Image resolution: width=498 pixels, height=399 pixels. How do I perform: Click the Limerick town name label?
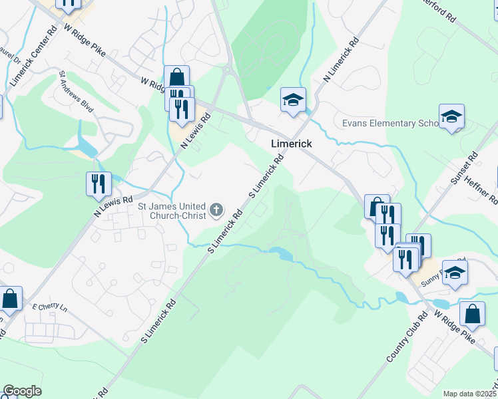(291, 144)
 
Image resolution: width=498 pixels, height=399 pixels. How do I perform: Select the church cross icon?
(216, 211)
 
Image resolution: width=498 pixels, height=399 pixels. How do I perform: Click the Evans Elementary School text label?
(389, 124)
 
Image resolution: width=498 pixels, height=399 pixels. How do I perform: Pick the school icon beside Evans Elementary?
(451, 117)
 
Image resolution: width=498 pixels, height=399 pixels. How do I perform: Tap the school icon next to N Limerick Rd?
(292, 100)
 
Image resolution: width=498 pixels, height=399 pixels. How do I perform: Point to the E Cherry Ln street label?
(50, 307)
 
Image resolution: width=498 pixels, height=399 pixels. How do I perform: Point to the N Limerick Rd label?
(341, 59)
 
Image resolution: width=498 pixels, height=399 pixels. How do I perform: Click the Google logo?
(22, 391)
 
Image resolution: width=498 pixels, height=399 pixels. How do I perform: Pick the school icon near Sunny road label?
(455, 273)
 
